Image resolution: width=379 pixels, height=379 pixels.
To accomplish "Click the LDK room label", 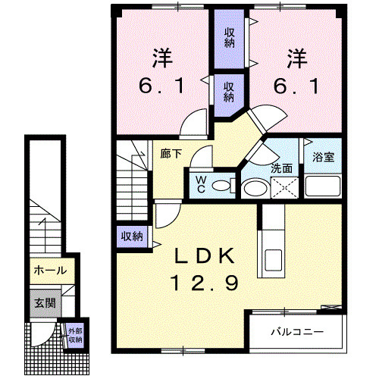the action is [204, 256].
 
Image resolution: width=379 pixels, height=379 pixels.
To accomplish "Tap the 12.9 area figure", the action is [204, 283].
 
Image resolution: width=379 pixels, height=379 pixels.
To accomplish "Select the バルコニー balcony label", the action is [297, 331].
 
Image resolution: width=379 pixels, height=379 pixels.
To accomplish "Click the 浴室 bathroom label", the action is [323, 157].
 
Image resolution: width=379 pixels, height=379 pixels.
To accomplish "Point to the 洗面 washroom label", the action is [281, 168].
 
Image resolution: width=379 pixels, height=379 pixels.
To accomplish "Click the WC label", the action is [201, 184].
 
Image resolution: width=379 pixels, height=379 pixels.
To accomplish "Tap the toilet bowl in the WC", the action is [221, 186].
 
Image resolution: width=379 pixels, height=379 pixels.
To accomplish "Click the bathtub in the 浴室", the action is [323, 186].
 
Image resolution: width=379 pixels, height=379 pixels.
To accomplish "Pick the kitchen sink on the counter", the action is [273, 259].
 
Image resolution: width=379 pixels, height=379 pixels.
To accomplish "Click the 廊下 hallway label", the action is [171, 154].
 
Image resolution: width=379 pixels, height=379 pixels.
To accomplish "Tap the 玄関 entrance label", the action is [45, 302].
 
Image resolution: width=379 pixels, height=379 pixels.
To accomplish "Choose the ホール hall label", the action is [50, 271].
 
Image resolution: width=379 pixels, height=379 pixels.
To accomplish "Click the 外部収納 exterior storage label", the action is [75, 335].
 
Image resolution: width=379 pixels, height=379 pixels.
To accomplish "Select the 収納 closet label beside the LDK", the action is [132, 236].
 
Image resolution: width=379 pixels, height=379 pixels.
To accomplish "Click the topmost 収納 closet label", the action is [230, 38].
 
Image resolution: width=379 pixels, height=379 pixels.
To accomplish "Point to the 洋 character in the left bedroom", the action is [162, 58].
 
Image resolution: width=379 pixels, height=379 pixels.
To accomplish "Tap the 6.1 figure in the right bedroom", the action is [296, 85].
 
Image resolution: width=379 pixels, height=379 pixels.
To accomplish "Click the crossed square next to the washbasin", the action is [284, 187].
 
